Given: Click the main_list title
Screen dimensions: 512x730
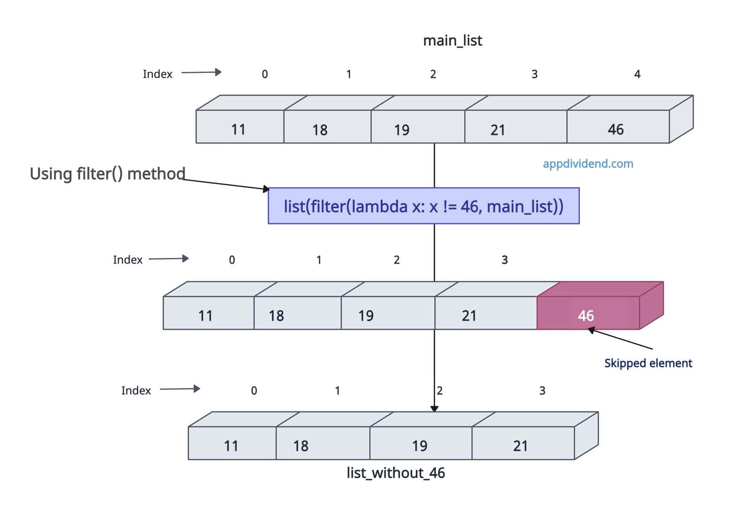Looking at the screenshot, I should pos(452,41).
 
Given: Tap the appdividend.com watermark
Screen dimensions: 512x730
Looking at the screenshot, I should pos(588,164).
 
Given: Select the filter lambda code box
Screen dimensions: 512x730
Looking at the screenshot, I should pos(423,206).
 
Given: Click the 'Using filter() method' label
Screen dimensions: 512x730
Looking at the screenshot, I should pos(108,174).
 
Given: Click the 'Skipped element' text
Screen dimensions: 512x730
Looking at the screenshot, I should pos(648,363).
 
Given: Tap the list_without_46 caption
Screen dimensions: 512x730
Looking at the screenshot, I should pos(396,473).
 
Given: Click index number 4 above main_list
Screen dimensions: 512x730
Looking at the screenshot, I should pos(637,74).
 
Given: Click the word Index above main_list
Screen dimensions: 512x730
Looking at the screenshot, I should pos(157,74).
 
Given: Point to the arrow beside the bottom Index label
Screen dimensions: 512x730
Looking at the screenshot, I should pos(180,389).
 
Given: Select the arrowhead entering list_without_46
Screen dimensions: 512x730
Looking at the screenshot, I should pos(434,408).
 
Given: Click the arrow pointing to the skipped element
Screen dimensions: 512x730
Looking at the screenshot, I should pos(620,339).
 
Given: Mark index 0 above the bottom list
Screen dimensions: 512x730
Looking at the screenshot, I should pos(254,391).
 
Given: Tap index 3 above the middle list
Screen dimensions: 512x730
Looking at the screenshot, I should pos(505,260).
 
